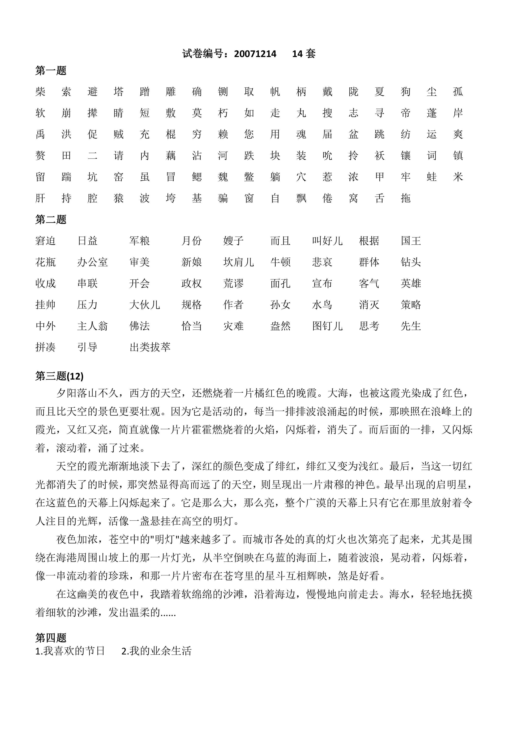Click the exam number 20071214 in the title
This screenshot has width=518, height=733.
tap(255, 54)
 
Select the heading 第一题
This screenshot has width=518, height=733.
tap(51, 71)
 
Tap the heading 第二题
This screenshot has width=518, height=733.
tap(51, 219)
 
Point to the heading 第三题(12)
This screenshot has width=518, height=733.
tap(59, 376)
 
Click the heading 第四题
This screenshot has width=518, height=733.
tap(51, 638)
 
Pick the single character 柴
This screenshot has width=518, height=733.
tap(41, 92)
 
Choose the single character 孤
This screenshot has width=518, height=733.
tap(458, 92)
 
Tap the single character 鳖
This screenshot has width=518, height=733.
tap(249, 177)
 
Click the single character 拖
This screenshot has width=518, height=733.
tap(405, 198)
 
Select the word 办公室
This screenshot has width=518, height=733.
tap(92, 262)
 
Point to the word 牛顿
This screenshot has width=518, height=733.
tap(280, 262)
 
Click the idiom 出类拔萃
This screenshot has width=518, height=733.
tap(150, 347)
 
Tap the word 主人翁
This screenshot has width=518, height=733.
tap(92, 326)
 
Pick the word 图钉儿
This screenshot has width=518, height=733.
tap(327, 326)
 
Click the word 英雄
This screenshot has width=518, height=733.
tap(411, 283)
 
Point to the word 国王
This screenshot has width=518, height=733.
tap(411, 241)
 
